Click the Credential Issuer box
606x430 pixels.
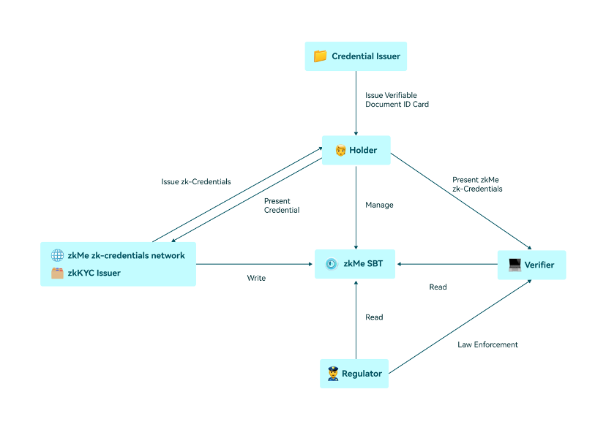coord(356,56)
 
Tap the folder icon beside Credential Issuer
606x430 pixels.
coord(320,56)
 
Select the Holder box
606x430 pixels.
coord(356,151)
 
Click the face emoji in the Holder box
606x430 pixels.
coord(340,151)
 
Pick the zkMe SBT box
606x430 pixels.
coord(356,264)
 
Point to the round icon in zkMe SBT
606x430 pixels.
coord(332,264)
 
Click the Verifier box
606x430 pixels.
coord(531,265)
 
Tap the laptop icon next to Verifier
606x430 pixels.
coord(515,265)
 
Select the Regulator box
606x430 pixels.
coord(354,374)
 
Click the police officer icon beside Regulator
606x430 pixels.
coord(333,374)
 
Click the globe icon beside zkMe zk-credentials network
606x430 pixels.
coord(57,255)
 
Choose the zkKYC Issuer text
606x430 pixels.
coord(94,273)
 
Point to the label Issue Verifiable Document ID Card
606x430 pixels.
coord(397,99)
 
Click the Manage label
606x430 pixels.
coord(379,205)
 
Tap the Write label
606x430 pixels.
coord(256,278)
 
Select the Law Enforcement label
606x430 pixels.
coord(487,344)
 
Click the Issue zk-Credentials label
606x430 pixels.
coord(196,181)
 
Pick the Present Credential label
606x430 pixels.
coord(282,205)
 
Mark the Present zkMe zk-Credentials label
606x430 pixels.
coord(477,184)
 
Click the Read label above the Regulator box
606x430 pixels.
coord(374,317)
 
